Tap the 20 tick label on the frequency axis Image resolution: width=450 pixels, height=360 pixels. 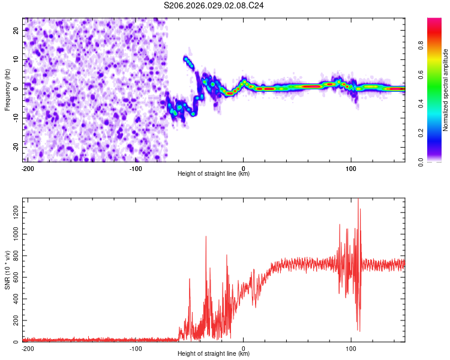[16, 29]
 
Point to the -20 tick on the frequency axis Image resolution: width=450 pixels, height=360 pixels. [16, 146]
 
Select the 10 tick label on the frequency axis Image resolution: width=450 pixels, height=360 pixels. [16, 59]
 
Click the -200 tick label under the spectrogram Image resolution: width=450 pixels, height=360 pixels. [27, 167]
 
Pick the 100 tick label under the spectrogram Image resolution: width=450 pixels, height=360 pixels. [352, 167]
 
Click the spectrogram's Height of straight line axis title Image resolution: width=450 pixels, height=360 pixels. [214, 174]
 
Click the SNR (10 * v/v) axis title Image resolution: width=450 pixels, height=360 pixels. [7, 270]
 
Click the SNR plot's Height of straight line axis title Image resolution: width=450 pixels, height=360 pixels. [214, 354]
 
